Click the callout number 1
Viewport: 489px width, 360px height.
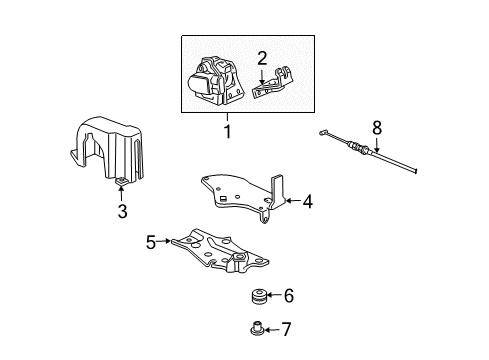[x=227, y=132]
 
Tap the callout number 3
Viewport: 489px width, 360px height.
[x=121, y=211]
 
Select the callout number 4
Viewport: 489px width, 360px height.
[x=308, y=202]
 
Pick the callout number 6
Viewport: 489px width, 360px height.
[x=289, y=296]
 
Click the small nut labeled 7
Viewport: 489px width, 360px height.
[x=256, y=326]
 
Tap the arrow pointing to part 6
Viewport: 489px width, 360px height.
[x=274, y=296]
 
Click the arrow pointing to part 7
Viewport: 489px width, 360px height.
[x=273, y=327]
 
